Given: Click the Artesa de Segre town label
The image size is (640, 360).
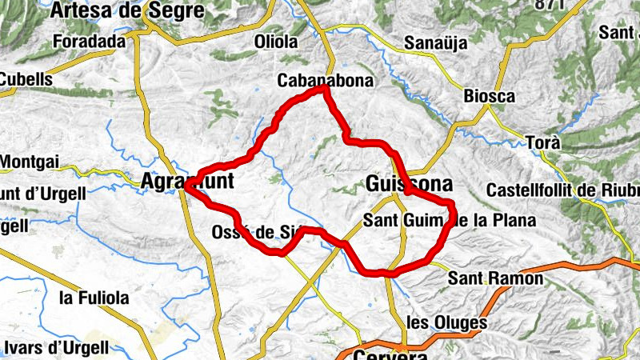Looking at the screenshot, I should pos(127,10).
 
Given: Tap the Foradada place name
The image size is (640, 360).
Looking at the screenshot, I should pos(89,41).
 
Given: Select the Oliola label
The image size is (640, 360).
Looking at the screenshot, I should pos(275,42).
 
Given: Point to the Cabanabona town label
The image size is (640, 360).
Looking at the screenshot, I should pos(314,81).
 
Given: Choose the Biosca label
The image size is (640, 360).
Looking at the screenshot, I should pos(489,96).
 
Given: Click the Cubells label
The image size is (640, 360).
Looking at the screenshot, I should pos(26,79).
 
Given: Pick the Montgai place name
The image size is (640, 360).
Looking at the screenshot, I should pos(30,162).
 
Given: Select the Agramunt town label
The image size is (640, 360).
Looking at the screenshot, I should pos(187,182).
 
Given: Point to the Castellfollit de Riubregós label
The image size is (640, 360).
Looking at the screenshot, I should pos(563,192).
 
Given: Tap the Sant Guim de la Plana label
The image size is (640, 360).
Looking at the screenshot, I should pos(448,219).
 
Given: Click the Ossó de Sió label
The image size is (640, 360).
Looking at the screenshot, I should pos(254,233).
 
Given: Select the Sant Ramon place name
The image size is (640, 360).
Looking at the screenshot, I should pos(495,278).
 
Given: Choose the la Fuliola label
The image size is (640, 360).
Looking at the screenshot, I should pos(94,298).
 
